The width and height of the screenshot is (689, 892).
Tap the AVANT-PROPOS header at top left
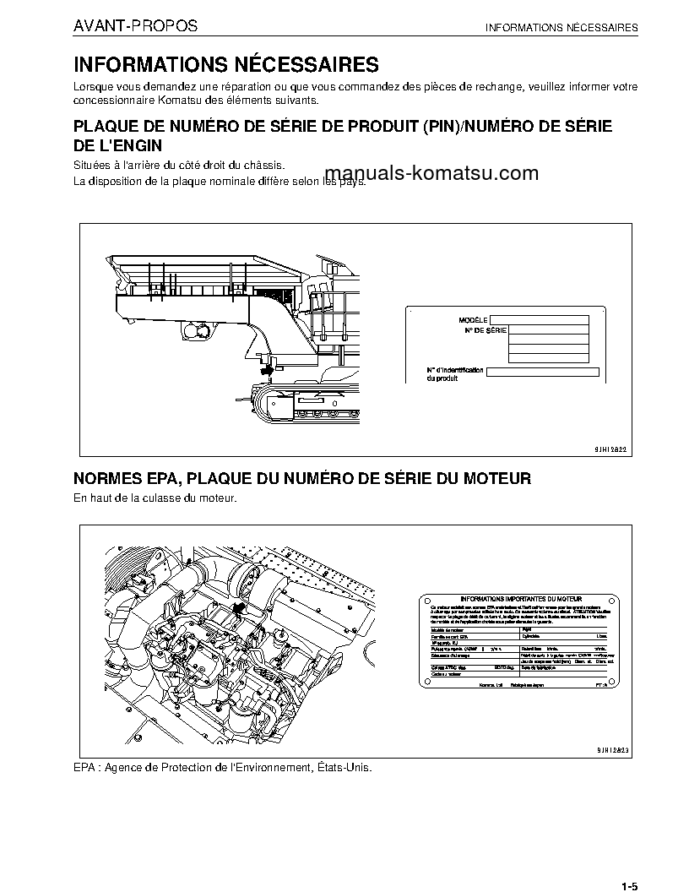(x=136, y=26)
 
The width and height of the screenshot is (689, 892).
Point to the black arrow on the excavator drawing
(x=268, y=367)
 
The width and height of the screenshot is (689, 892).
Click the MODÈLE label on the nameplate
(x=473, y=320)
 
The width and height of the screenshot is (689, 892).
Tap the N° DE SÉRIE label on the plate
(x=486, y=331)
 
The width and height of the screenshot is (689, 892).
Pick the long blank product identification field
(x=543, y=372)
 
